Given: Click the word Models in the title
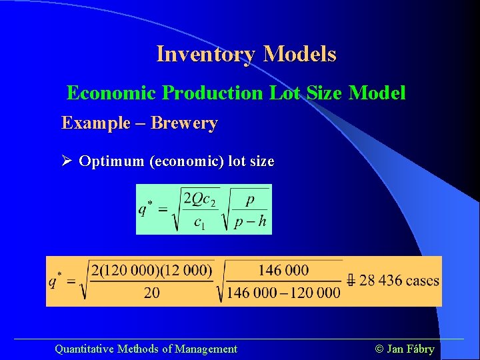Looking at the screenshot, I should tap(299, 54).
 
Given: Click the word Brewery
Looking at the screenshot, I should tap(184, 123).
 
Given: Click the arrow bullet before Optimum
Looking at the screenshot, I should tap(67, 161).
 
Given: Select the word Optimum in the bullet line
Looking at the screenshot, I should tap(111, 161).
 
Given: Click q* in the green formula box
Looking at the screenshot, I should tap(146, 209).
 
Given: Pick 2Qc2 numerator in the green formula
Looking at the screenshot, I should tap(199, 198).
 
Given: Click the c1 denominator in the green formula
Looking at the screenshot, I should tap(199, 223).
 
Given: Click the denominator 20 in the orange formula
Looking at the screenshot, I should tap(152, 293).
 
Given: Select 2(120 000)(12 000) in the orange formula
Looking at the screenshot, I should tap(152, 271).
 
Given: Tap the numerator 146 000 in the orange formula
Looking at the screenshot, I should tap(283, 270).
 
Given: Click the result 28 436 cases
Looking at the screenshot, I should tap(399, 280).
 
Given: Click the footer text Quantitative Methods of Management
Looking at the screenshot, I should tap(145, 349).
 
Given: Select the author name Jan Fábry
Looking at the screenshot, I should tap(411, 349).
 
